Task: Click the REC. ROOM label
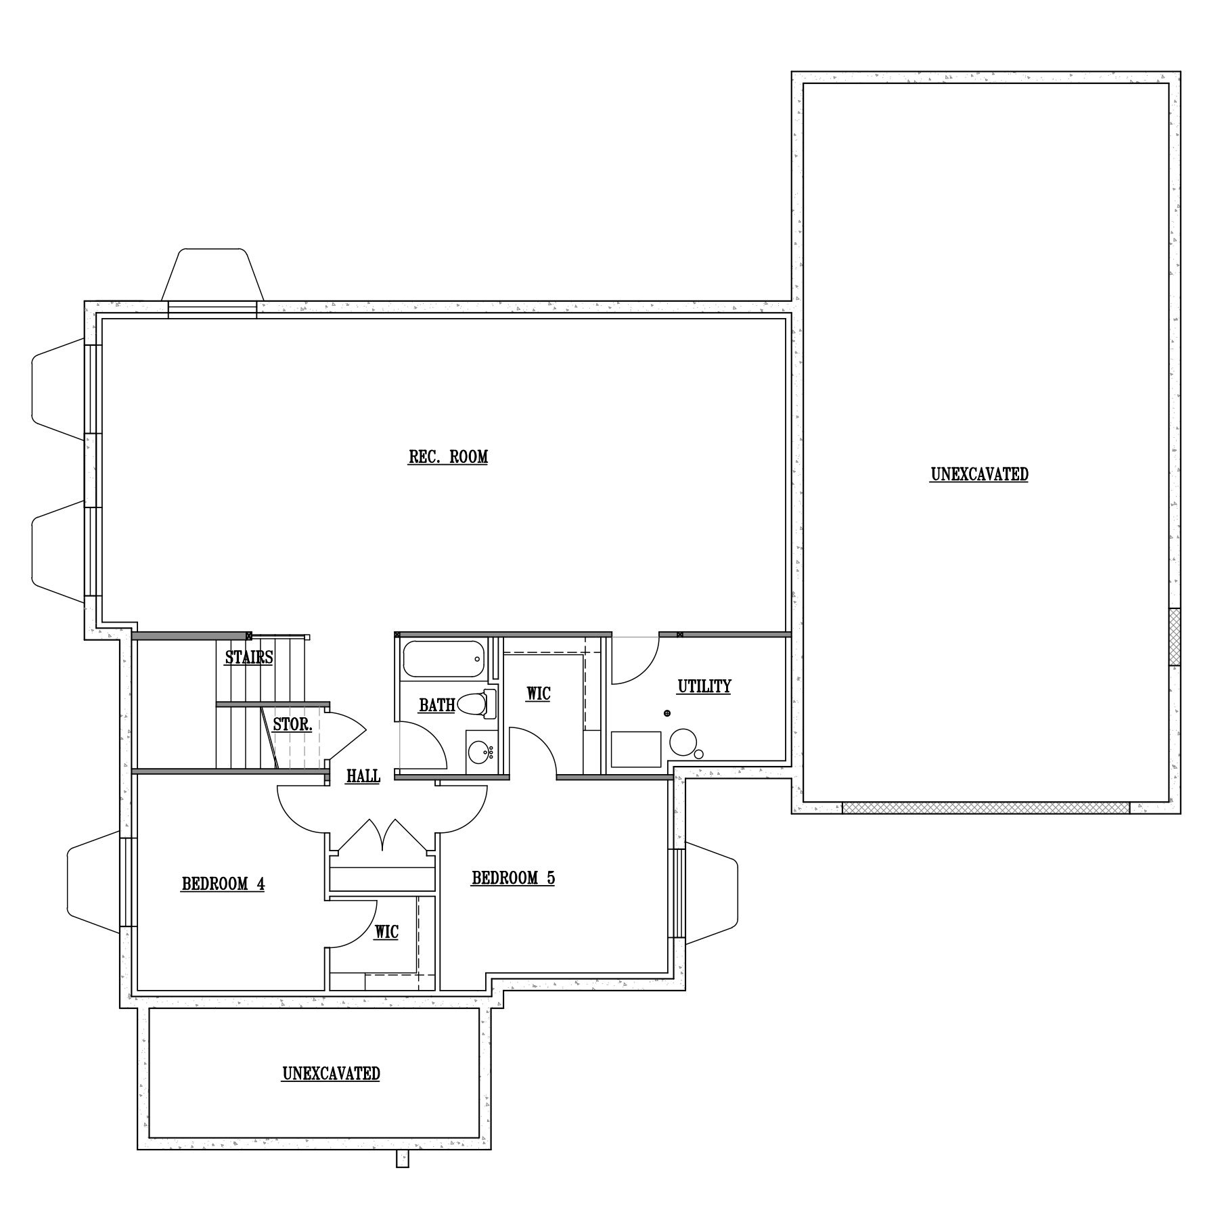click(448, 457)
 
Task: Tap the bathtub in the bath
click(444, 659)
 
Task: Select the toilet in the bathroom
click(476, 704)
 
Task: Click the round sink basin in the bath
click(480, 752)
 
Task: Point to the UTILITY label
click(704, 686)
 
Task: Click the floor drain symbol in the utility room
click(667, 713)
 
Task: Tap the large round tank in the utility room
click(683, 742)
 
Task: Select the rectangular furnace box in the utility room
click(636, 749)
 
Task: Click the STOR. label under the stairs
click(292, 725)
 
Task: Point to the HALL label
click(363, 776)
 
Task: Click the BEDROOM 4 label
click(223, 884)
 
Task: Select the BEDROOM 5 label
click(513, 878)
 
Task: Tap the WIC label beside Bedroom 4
click(386, 932)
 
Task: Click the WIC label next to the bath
click(539, 694)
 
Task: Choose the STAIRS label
click(249, 657)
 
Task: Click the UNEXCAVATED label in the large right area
click(979, 474)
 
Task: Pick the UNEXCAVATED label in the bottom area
click(331, 1074)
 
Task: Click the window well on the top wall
click(212, 275)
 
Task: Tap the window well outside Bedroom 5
click(710, 893)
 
